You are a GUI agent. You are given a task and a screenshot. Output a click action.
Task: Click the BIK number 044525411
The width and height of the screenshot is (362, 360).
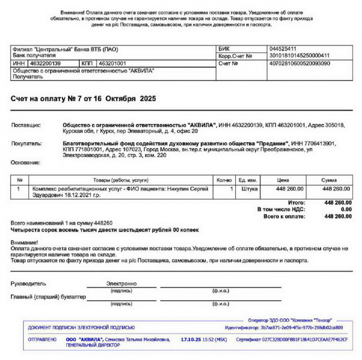click(x=282, y=48)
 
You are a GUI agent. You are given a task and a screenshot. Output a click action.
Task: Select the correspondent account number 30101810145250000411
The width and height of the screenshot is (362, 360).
click(x=299, y=55)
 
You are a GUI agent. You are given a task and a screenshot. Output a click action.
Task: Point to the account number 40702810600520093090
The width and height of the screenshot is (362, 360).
click(x=299, y=63)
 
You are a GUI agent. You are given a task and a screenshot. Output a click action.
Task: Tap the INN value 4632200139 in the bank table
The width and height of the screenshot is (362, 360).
click(x=45, y=64)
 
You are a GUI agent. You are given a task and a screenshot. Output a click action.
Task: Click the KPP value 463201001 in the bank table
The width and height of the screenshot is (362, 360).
click(x=112, y=64)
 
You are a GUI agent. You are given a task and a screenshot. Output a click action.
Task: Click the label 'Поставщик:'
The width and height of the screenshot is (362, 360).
click(x=26, y=125)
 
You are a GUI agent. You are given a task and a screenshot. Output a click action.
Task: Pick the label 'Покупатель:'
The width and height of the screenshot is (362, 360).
click(x=26, y=143)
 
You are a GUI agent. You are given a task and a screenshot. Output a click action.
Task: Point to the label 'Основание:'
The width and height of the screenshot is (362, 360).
click(x=25, y=162)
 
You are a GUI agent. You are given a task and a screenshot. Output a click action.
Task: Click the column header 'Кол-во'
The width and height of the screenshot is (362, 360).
click(x=224, y=180)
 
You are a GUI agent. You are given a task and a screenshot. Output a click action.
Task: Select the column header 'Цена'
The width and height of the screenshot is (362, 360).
click(x=283, y=180)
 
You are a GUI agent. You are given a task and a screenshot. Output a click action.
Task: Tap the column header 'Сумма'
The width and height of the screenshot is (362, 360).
click(x=329, y=180)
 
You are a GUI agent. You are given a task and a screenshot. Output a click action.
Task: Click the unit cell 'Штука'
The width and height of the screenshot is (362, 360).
click(x=249, y=189)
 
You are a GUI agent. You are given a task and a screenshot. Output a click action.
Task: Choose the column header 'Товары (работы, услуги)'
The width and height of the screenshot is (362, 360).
click(x=120, y=180)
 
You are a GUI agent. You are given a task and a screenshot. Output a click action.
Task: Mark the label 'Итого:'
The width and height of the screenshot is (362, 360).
click(x=296, y=203)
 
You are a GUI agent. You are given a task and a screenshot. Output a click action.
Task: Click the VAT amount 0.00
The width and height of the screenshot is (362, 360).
click(x=346, y=210)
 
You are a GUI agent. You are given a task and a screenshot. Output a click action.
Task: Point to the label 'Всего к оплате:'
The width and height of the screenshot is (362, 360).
click(x=284, y=216)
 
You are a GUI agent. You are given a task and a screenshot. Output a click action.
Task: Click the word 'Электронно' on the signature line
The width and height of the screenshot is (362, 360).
click(x=121, y=284)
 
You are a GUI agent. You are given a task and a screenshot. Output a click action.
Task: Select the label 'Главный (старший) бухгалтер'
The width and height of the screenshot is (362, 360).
click(x=48, y=297)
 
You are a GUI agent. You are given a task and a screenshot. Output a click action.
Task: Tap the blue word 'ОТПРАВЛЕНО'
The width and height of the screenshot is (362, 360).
click(x=42, y=340)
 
